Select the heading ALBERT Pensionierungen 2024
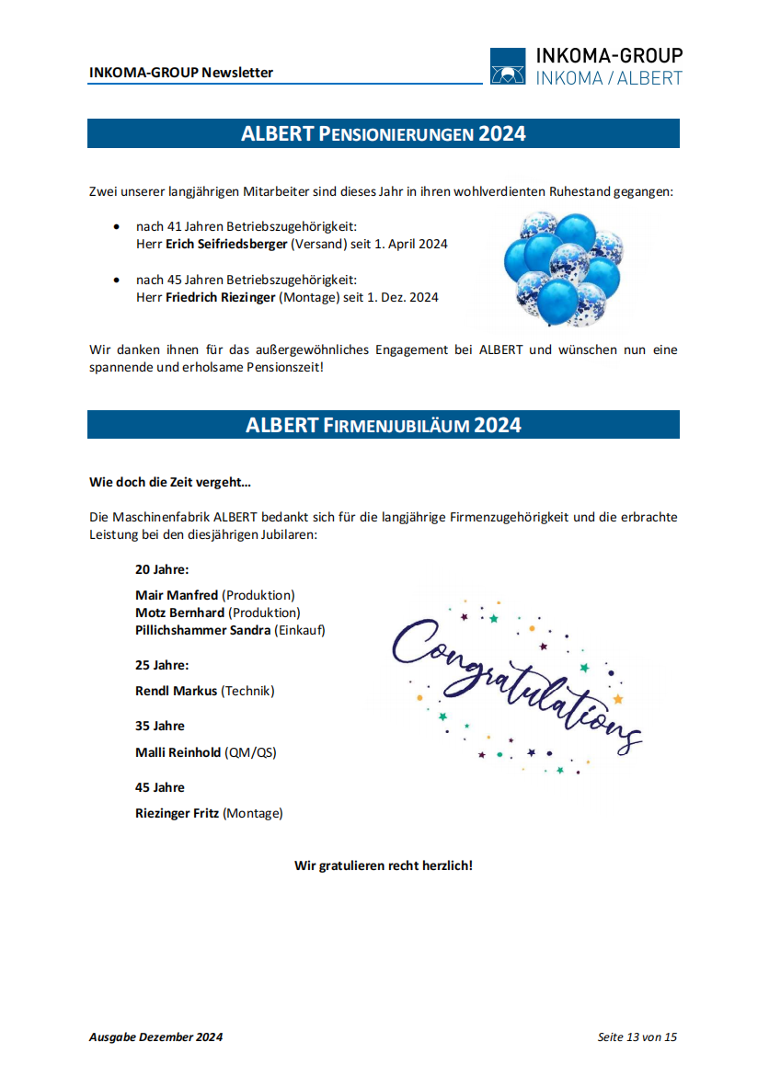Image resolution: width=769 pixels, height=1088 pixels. [x=383, y=133]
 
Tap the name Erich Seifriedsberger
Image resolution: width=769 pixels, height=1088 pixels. [x=226, y=245]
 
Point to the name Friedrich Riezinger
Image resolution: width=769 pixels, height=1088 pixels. [x=221, y=297]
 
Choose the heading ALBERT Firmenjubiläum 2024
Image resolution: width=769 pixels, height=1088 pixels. [x=383, y=425]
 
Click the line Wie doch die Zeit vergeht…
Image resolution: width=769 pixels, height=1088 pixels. [x=170, y=482]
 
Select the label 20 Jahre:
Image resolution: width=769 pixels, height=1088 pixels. [x=162, y=569]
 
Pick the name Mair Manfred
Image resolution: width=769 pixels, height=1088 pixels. [x=177, y=595]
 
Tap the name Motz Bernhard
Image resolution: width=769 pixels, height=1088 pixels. [x=179, y=613]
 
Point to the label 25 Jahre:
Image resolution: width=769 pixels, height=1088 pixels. [x=162, y=665]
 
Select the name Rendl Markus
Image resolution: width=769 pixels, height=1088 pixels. [x=177, y=691]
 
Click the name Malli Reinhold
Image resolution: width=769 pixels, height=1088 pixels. [x=178, y=752]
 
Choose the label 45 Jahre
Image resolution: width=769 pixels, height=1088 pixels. [x=160, y=787]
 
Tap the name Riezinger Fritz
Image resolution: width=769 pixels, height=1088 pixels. [x=177, y=813]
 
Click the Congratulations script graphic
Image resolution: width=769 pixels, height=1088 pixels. [x=515, y=685]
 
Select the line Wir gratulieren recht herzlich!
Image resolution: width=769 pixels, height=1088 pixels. [x=383, y=865]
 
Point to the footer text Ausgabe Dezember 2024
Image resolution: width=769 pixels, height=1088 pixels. [x=155, y=1037]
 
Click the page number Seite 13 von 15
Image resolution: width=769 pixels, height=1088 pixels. [x=637, y=1037]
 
